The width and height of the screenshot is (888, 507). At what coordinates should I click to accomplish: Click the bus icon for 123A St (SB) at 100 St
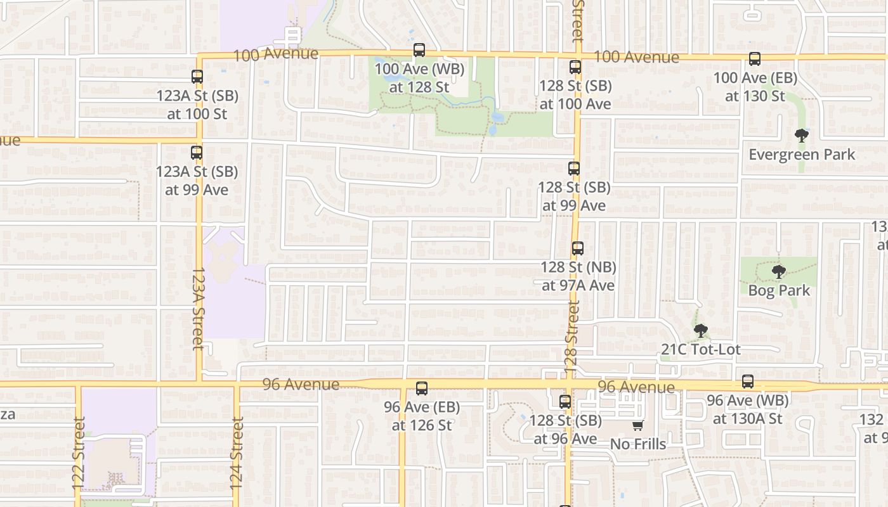click(197, 77)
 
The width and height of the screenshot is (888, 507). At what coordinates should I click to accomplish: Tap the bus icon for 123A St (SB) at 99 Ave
click(197, 153)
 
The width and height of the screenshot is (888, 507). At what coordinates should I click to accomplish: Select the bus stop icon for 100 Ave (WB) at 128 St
click(419, 50)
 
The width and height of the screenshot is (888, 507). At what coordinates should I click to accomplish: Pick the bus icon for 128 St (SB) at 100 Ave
click(575, 67)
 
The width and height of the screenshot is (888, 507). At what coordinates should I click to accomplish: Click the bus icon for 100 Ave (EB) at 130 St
click(754, 59)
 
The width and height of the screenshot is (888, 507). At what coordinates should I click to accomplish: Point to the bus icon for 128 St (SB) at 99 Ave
click(574, 169)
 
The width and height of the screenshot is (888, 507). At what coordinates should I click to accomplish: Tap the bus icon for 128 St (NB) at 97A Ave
click(577, 248)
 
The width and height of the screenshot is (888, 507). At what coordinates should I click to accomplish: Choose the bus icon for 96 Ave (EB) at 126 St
click(422, 388)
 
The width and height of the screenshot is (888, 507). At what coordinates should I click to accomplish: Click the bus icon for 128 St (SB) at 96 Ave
click(565, 401)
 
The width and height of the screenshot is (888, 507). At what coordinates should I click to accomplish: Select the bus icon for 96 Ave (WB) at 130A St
click(748, 382)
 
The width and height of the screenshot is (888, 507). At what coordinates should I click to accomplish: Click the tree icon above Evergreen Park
click(802, 135)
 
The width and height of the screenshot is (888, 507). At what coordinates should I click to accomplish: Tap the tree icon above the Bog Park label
click(779, 272)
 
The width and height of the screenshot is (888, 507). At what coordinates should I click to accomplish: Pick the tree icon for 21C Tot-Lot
click(700, 330)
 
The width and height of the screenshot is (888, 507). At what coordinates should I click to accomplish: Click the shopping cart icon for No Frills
click(637, 425)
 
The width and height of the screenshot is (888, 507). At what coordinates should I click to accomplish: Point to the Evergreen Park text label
click(802, 155)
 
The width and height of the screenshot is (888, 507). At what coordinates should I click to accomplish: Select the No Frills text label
click(638, 444)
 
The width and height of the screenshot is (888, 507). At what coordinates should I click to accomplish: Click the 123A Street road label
click(198, 308)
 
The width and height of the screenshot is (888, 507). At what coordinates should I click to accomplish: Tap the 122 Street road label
click(79, 452)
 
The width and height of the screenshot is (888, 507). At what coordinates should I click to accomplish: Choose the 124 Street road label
click(237, 452)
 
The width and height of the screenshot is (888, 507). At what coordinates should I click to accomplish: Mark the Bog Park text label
click(779, 291)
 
